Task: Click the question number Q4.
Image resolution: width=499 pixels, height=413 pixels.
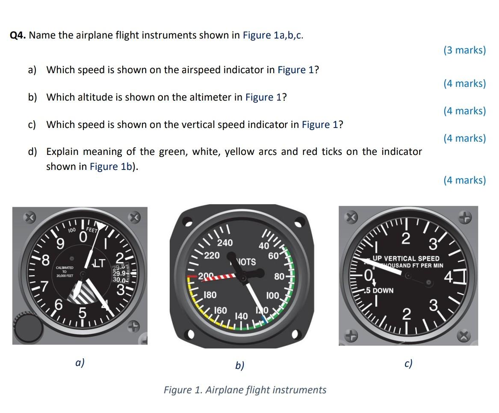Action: [x=18, y=36]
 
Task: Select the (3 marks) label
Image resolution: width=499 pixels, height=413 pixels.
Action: [x=464, y=50]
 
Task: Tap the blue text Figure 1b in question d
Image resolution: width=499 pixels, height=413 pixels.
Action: [x=112, y=166]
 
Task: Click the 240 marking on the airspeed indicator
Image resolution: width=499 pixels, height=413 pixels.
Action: [x=225, y=243]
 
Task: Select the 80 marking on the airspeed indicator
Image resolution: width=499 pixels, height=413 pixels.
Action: [x=279, y=276]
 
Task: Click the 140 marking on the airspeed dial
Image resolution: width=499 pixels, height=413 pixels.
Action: [x=242, y=316]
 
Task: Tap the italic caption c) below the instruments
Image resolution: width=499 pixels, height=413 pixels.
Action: [x=408, y=363]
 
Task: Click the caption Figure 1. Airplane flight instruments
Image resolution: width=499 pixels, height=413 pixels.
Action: [x=245, y=390]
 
